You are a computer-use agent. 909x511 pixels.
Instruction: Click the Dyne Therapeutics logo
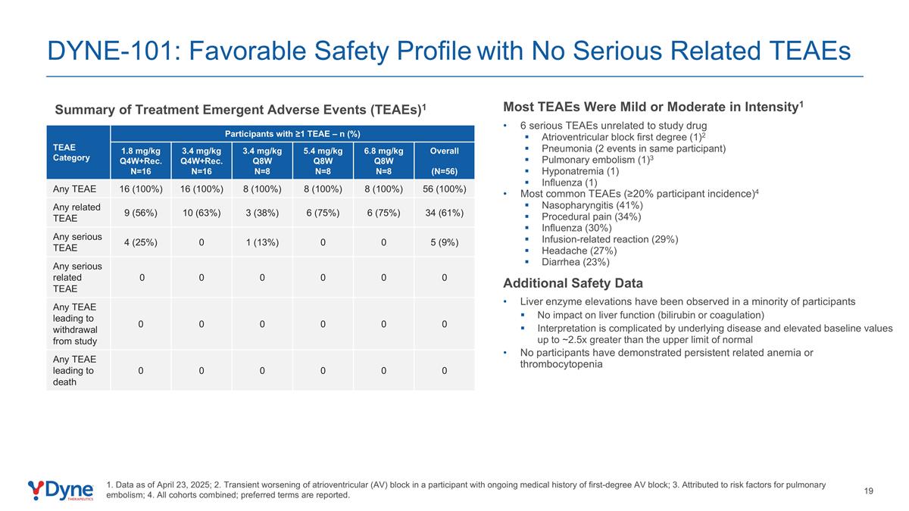click(x=61, y=490)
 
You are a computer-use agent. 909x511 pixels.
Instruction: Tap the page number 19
click(x=869, y=491)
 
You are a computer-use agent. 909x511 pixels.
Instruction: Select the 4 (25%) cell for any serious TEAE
click(x=140, y=242)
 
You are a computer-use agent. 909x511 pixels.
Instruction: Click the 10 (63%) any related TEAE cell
click(x=201, y=212)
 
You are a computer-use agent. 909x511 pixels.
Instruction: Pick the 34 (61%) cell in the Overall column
click(x=444, y=212)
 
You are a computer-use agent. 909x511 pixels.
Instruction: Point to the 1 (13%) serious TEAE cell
click(x=261, y=242)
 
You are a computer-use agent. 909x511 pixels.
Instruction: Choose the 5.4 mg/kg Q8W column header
click(x=323, y=160)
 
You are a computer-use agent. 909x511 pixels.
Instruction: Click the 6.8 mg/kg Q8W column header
click(x=383, y=160)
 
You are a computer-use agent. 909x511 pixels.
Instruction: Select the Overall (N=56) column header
click(x=444, y=160)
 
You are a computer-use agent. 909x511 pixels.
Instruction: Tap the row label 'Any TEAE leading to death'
click(x=73, y=370)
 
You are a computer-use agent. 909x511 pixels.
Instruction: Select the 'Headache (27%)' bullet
click(x=579, y=251)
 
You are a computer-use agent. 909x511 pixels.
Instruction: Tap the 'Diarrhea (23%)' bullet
click(x=575, y=262)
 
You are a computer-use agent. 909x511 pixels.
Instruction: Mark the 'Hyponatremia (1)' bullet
click(x=580, y=171)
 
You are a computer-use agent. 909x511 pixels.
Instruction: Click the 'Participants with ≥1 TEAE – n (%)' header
click(x=292, y=133)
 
